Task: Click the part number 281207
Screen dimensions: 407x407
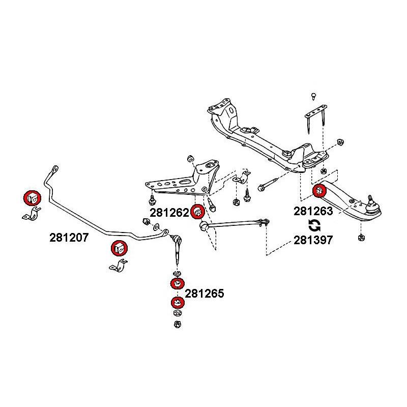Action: pos(70,237)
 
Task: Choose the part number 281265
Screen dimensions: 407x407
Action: pos(205,294)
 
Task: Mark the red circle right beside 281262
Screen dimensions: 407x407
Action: pos(197,212)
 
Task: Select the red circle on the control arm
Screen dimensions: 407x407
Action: pos(319,191)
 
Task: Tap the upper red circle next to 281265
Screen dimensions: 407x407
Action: pos(178,284)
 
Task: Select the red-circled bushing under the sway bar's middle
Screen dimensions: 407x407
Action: pos(119,248)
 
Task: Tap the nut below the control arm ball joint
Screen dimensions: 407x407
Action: pos(361,237)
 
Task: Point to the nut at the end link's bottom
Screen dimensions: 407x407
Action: pos(177,324)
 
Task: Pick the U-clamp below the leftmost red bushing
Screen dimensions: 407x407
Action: pos(31,215)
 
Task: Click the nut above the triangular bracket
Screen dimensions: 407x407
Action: pos(190,157)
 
